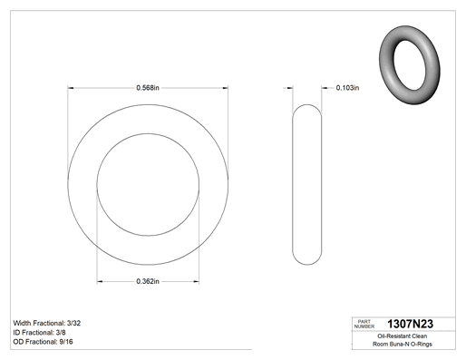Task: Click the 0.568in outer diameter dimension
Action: coord(148,88)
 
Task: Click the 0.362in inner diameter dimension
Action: coord(148,281)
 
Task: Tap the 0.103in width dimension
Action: coord(347,88)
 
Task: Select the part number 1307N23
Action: coord(410,324)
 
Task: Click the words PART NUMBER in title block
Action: coord(364,324)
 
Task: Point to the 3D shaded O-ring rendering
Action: coord(410,65)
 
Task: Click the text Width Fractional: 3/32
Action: coord(47,323)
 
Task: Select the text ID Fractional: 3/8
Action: coord(39,333)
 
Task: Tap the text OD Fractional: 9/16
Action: coord(43,342)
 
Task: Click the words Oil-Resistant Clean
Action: coord(403,336)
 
